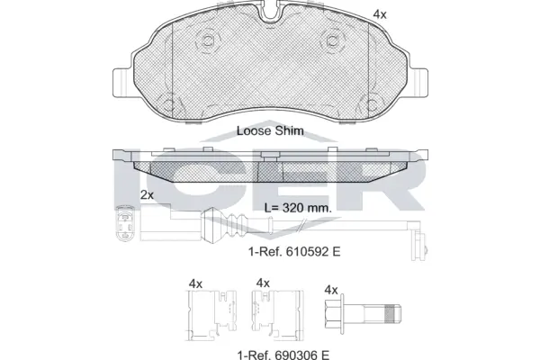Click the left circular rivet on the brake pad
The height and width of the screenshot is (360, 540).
[209, 40]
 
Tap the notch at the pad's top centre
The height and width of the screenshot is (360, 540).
[270, 11]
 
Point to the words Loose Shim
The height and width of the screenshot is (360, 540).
[270, 130]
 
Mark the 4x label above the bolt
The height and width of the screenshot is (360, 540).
[330, 290]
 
